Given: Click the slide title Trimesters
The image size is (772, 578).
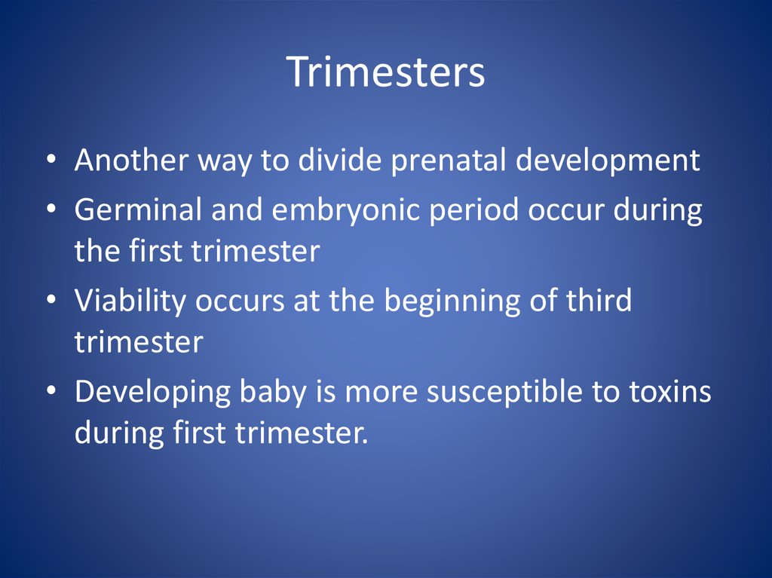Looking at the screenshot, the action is click(385, 72).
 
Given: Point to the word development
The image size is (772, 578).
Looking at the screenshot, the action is click(608, 161).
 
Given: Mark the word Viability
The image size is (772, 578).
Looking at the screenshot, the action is click(130, 301).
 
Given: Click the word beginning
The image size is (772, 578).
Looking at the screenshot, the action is click(452, 301).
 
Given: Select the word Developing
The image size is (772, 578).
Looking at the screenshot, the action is click(152, 392).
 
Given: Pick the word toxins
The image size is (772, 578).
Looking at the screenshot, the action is click(670, 392).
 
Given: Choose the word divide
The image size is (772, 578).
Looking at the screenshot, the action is click(340, 160).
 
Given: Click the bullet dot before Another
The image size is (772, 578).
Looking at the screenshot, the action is click(51, 161).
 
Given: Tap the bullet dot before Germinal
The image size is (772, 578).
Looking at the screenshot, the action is click(51, 209).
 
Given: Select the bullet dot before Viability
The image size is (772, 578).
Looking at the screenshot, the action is click(51, 301).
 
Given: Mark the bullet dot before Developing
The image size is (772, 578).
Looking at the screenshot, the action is click(51, 392).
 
